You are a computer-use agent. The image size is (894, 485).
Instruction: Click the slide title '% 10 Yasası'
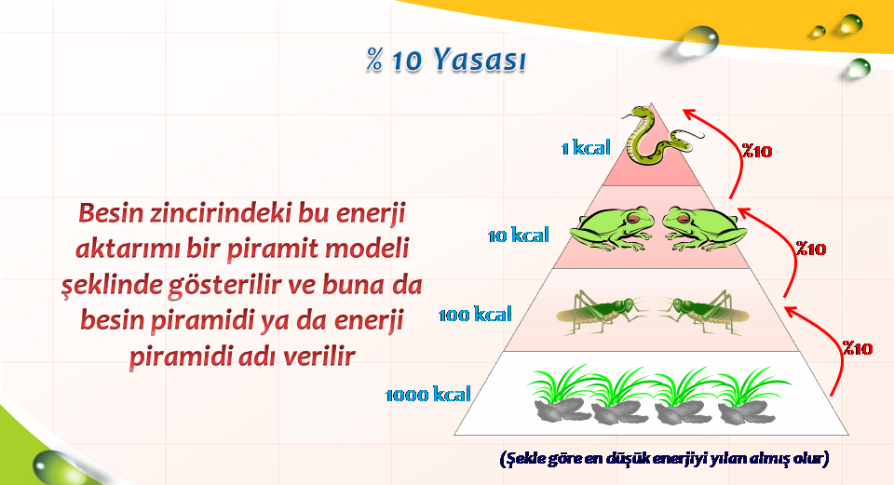point(446,60)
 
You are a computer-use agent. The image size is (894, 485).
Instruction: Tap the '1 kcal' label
point(586,148)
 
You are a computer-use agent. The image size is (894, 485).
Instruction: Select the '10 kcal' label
point(519,235)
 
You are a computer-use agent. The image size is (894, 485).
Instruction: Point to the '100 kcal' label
point(475,314)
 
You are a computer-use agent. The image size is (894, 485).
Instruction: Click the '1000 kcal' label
point(428,394)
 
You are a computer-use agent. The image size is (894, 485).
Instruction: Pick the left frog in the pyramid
point(612,229)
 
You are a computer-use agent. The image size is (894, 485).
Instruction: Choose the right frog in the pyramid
point(705,229)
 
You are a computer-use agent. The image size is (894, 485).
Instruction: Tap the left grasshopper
point(603,312)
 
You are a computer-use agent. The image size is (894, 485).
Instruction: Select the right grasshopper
point(705,312)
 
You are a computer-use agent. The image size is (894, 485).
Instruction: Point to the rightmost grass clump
point(752,396)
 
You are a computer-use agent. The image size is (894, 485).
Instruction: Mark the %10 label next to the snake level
point(756,151)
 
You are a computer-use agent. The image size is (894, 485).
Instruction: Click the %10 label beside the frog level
point(811,249)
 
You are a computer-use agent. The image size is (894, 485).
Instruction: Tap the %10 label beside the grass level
point(858,348)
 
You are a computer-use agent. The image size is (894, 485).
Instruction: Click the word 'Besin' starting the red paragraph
point(111,213)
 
